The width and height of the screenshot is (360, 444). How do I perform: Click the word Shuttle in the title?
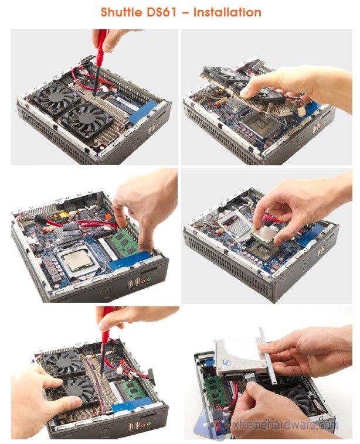click(x=122, y=12)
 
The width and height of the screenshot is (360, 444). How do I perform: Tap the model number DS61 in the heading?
click(x=162, y=12)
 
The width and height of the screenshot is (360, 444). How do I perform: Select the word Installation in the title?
click(x=227, y=12)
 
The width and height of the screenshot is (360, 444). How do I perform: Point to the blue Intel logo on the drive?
click(x=226, y=363)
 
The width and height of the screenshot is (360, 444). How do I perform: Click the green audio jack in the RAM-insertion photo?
click(x=149, y=280)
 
